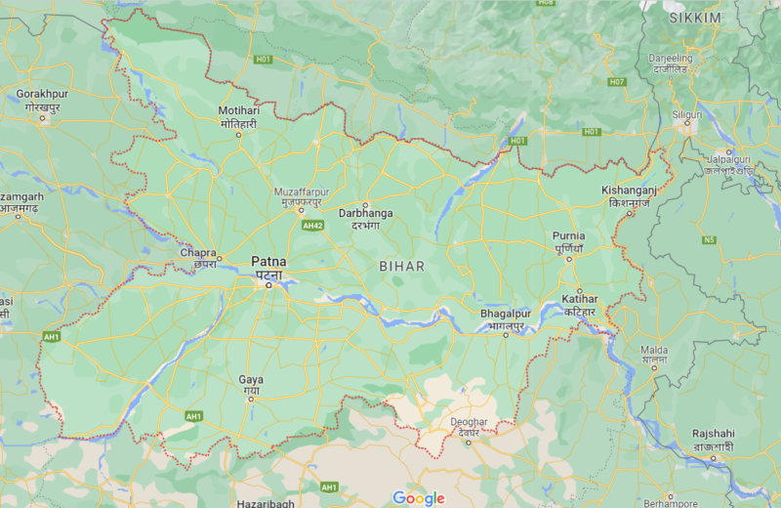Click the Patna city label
click(268, 262)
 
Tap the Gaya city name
click(251, 380)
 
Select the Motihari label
click(239, 110)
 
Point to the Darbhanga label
click(365, 212)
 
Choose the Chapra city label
click(198, 253)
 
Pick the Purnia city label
click(568, 235)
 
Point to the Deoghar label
click(469, 421)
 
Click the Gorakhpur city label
click(42, 94)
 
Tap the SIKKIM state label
click(694, 19)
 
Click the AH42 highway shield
click(312, 225)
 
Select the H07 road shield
click(616, 81)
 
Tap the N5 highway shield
click(710, 238)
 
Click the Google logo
click(419, 497)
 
